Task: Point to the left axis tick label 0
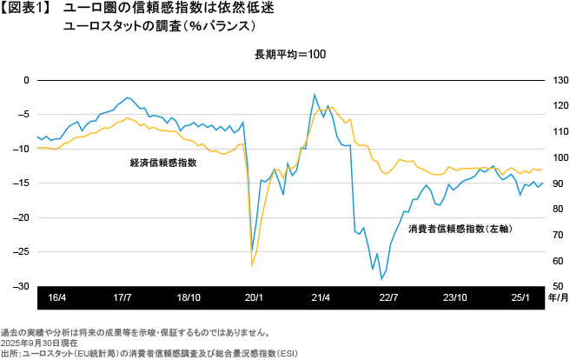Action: pyautogui.click(x=26, y=80)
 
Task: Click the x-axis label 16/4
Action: pyautogui.click(x=57, y=297)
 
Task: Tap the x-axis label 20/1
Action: pyautogui.click(x=255, y=297)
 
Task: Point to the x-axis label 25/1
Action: pyautogui.click(x=520, y=297)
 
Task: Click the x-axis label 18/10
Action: pyautogui.click(x=189, y=297)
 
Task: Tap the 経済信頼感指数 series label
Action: pyautogui.click(x=162, y=163)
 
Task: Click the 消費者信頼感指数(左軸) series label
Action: pyautogui.click(x=459, y=230)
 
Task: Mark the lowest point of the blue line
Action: pyautogui.click(x=381, y=280)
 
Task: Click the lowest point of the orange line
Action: pyautogui.click(x=252, y=265)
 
